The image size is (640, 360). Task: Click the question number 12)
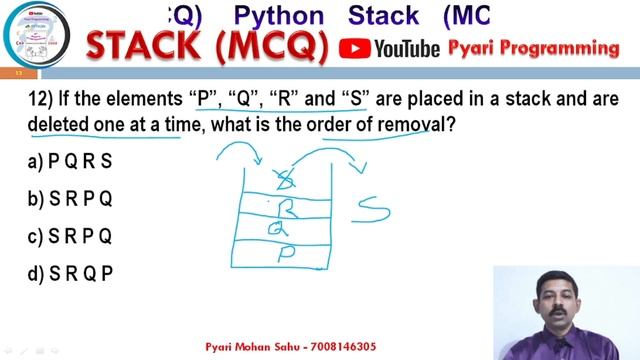40,101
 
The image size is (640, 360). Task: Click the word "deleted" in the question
60,127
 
